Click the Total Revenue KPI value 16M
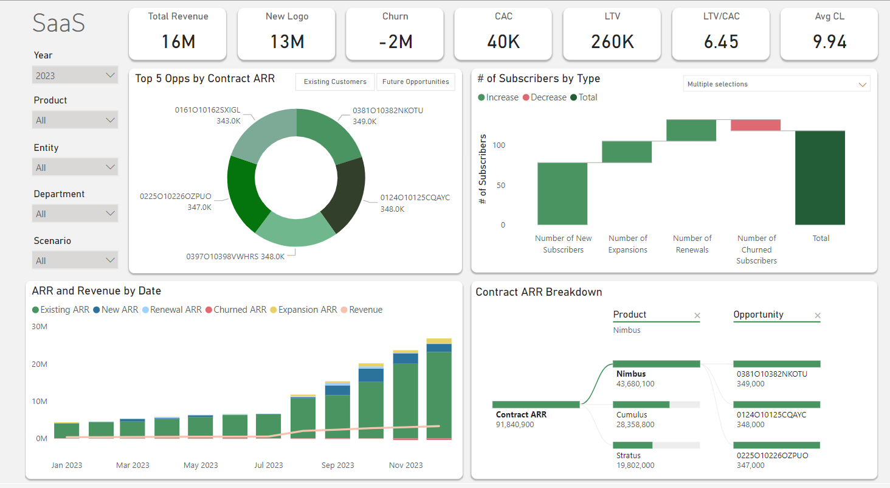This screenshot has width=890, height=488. click(x=178, y=41)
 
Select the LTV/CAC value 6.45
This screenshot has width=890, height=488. click(x=720, y=41)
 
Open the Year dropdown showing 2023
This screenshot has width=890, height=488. click(x=75, y=75)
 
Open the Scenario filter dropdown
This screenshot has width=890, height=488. click(x=75, y=260)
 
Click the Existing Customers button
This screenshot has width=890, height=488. click(x=335, y=82)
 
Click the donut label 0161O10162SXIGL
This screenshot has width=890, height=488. click(x=207, y=110)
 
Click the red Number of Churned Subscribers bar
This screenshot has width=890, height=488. click(x=756, y=125)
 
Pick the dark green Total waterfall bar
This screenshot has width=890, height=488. click(x=820, y=178)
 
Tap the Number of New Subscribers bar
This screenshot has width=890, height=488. click(x=562, y=193)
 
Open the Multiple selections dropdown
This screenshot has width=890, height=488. click(x=777, y=85)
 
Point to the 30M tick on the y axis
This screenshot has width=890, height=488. click(x=39, y=326)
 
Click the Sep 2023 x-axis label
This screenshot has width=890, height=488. click(x=337, y=465)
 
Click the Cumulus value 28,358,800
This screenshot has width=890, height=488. click(x=635, y=425)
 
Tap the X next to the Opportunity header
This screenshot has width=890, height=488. click(x=818, y=315)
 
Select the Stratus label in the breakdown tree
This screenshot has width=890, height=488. click(x=629, y=455)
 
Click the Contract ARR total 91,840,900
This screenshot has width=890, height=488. click(x=515, y=425)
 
